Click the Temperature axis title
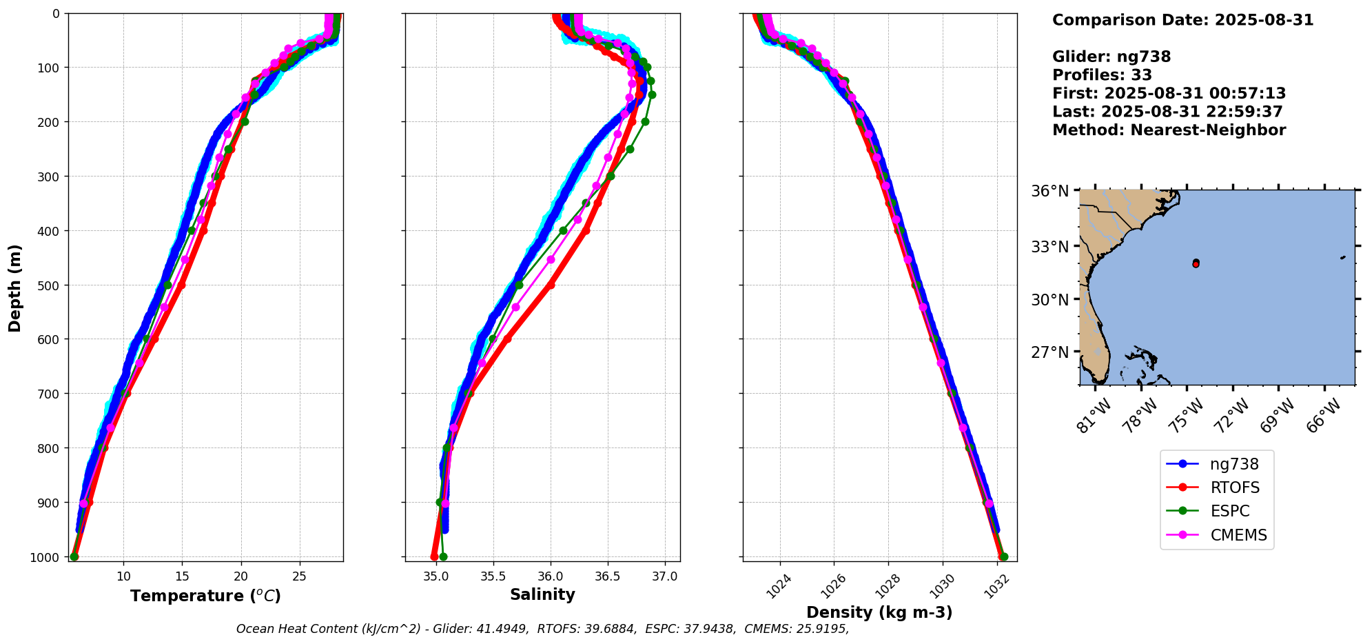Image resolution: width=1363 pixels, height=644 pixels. tap(205, 596)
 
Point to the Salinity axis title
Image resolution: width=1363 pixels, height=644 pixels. tap(542, 594)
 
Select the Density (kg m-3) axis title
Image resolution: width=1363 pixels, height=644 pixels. tap(879, 612)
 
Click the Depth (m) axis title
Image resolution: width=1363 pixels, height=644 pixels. tap(15, 288)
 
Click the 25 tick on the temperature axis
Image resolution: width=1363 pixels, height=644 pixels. tap(300, 576)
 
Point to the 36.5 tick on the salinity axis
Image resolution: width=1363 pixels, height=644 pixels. tap(607, 576)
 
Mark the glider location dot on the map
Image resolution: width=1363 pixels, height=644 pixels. tap(1196, 263)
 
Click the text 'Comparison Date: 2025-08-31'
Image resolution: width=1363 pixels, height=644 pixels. tap(1182, 20)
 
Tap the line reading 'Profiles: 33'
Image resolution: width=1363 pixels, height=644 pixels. tap(1102, 75)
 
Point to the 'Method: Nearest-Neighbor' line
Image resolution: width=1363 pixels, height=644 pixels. tap(1169, 130)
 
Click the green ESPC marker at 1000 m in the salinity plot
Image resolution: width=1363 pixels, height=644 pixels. tap(443, 556)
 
